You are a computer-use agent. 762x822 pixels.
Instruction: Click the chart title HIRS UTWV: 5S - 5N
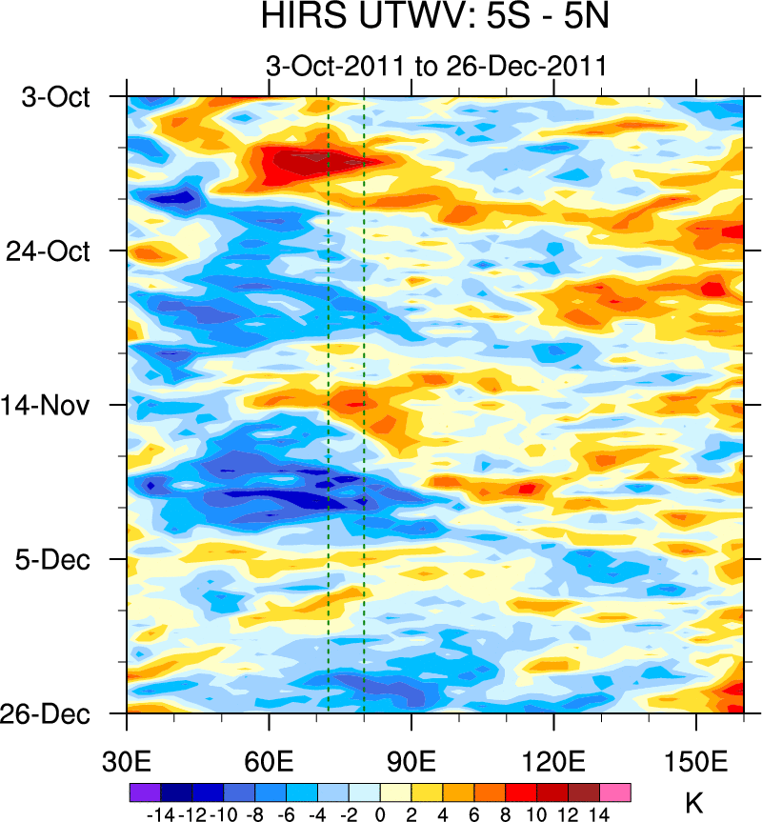(x=435, y=18)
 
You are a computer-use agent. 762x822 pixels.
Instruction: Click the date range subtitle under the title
(x=435, y=67)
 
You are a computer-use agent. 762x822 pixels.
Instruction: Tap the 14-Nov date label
(x=54, y=405)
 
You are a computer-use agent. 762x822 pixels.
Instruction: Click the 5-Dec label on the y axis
(x=55, y=559)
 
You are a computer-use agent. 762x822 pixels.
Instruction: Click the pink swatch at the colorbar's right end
(x=615, y=792)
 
